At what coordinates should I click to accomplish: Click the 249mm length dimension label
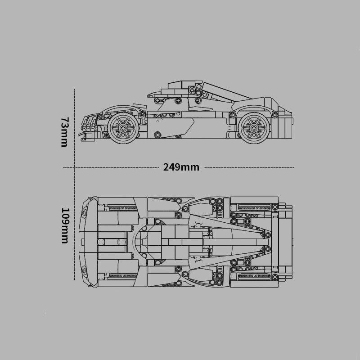tap(181, 167)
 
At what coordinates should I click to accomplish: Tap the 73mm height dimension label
tap(64, 132)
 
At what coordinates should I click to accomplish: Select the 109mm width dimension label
tap(65, 226)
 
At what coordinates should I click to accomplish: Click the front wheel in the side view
tap(123, 128)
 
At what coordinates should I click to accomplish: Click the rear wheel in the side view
tap(254, 128)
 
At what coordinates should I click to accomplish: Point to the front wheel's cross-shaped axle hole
tap(123, 128)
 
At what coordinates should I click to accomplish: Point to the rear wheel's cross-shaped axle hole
tap(254, 128)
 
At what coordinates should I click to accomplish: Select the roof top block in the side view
tap(185, 85)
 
